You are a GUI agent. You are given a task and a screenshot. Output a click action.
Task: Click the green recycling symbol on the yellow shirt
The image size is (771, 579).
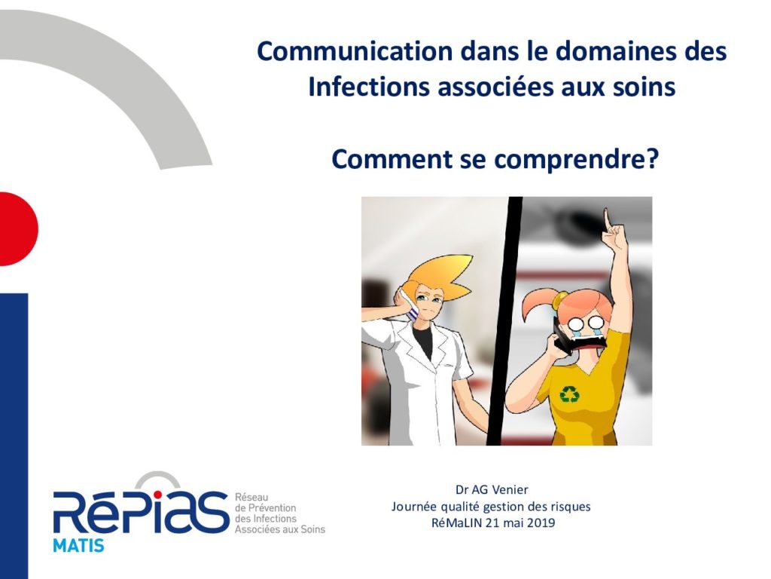click(x=569, y=394)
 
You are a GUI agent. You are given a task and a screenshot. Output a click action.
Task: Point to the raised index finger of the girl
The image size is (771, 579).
click(x=608, y=219)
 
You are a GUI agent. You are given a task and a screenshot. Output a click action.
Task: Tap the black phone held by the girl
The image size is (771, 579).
click(x=562, y=336)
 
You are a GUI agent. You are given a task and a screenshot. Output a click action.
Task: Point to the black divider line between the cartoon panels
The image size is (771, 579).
click(x=504, y=321)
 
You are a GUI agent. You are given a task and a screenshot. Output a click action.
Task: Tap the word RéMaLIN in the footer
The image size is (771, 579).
click(x=457, y=522)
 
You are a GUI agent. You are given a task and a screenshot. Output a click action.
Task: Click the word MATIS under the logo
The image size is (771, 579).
click(x=78, y=546)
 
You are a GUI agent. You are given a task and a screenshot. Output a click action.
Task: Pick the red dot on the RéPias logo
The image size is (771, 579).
click(x=157, y=495)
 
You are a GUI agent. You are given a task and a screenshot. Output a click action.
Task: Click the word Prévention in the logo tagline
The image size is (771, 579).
click(x=272, y=507)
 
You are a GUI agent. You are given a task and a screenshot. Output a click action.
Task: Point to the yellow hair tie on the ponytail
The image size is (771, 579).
click(x=559, y=299)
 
